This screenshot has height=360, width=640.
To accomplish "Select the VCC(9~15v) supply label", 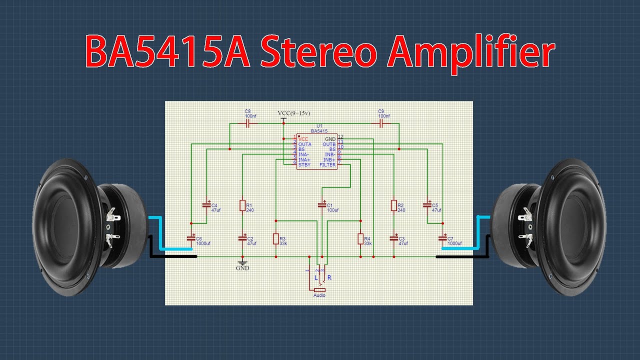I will [293, 113].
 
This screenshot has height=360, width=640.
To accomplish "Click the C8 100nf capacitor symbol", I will [247, 123].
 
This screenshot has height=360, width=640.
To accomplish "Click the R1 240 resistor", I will [242, 205].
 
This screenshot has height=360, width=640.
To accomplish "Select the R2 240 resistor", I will [394, 205].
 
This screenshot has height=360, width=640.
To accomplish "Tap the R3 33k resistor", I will [275, 239].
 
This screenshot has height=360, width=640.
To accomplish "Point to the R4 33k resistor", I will [360, 239].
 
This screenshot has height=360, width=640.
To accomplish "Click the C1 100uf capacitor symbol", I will [321, 205].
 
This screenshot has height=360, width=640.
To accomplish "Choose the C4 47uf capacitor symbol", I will [206, 205].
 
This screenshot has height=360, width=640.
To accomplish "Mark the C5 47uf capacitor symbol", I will [427, 205].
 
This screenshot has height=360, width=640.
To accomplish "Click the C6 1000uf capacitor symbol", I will [191, 238].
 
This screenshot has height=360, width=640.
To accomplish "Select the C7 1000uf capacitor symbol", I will [442, 238].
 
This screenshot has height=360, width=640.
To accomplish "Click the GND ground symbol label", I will [242, 268].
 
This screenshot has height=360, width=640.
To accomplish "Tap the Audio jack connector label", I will [319, 295].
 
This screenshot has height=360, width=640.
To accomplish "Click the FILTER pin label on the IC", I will [328, 165].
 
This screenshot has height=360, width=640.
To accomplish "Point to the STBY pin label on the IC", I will [304, 165].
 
